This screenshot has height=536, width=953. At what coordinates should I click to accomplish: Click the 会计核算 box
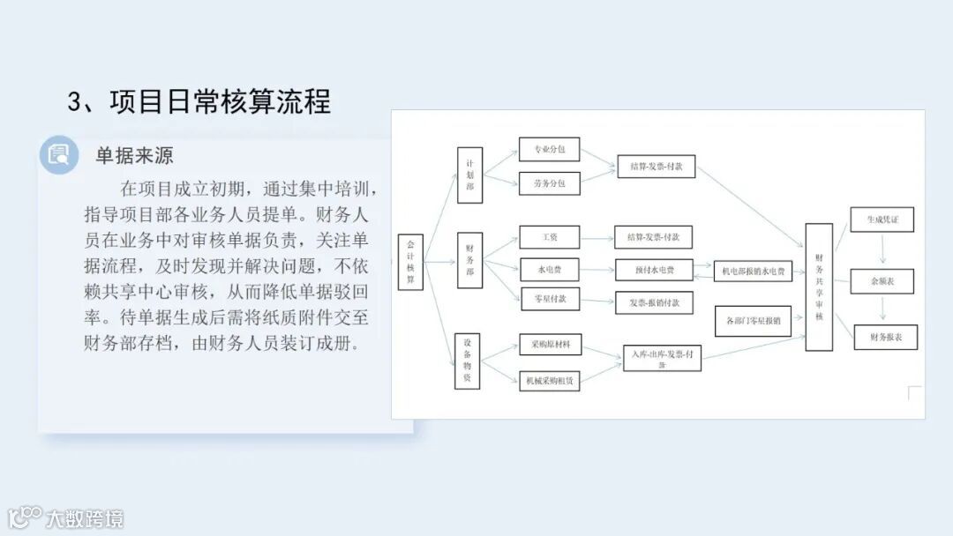410,263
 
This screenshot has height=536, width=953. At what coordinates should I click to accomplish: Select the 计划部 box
470,175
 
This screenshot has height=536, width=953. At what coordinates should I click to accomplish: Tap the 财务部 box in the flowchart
470,260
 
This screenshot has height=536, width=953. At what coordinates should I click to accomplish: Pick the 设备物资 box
468,361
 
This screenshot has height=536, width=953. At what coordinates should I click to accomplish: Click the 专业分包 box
549,150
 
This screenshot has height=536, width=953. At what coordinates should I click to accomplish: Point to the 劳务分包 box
549,183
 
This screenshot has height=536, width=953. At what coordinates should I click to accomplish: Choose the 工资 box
551,236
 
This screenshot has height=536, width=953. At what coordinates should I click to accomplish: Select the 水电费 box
551,267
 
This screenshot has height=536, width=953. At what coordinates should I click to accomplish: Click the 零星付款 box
551,299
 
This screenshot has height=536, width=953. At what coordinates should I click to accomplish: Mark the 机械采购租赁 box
550,380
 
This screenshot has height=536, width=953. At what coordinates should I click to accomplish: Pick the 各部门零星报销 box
753,321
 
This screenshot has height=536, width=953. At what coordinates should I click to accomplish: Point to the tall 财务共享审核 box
819,287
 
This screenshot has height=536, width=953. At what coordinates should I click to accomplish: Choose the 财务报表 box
885,337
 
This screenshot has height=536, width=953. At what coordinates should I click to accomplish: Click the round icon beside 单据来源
59,155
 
